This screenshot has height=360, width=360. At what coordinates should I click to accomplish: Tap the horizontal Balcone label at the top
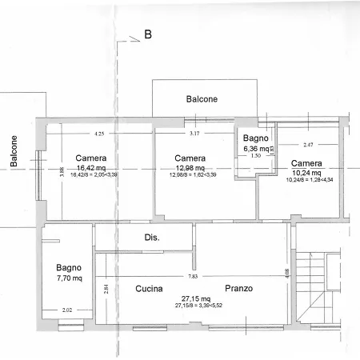[x=202, y=99]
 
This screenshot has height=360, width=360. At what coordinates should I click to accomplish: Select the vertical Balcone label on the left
[x=14, y=150]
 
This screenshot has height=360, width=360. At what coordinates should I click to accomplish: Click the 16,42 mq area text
[x=92, y=168]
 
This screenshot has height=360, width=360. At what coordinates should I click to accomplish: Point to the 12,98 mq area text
[x=190, y=168]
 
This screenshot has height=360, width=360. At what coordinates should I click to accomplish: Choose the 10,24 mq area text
[x=306, y=173]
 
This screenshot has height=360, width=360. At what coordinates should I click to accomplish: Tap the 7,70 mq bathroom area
[x=66, y=278]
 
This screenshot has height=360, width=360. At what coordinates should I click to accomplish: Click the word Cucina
[x=150, y=289]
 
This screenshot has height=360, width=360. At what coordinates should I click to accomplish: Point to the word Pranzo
[x=239, y=289]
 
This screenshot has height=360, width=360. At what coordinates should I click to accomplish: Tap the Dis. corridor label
[x=152, y=238]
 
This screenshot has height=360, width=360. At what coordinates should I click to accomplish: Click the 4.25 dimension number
[x=99, y=134]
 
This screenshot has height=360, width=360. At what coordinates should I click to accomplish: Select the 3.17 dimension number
[x=194, y=134]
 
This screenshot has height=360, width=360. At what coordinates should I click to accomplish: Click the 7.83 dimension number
[x=192, y=276]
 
